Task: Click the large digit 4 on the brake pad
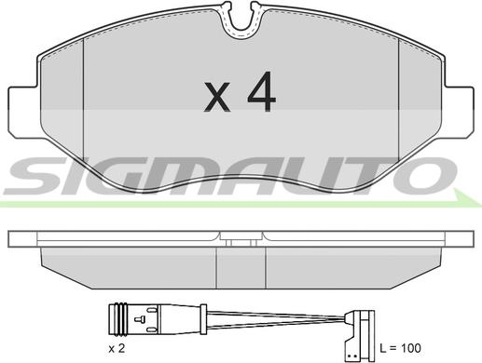[x=261, y=92]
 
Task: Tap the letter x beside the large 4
[x=217, y=97]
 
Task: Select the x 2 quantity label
[x=117, y=349]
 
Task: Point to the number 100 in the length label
[x=409, y=348]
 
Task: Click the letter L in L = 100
[x=383, y=348]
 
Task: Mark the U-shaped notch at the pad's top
[x=241, y=20]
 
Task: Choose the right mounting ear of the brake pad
[x=460, y=113]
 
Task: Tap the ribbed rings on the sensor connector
[x=119, y=318]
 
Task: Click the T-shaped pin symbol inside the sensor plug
[x=139, y=319]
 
